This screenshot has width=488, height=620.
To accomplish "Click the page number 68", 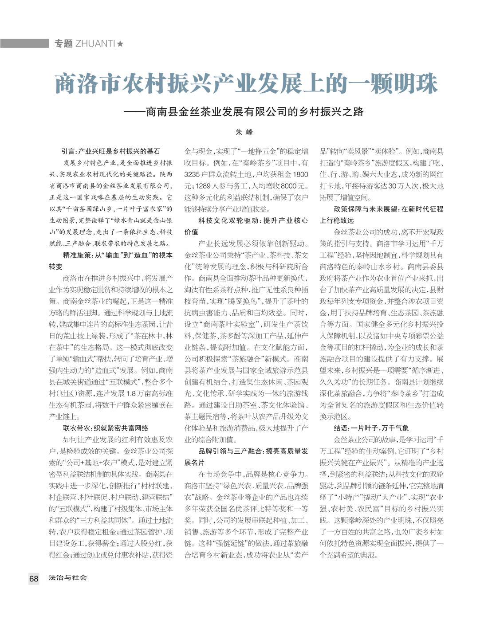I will [x=34, y=578].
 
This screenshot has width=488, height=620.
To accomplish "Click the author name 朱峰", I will [x=244, y=132].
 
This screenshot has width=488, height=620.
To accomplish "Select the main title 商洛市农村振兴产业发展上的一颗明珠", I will [x=246, y=83].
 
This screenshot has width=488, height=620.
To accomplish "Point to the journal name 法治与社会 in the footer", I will [x=68, y=578].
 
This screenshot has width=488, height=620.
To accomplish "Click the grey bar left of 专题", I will [x=24, y=43].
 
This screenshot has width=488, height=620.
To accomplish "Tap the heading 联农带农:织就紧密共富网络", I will [x=106, y=428].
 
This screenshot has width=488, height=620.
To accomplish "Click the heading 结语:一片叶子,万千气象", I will [x=371, y=428].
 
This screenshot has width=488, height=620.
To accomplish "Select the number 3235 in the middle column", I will [x=194, y=174].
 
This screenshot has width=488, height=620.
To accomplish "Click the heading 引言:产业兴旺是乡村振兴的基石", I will [x=110, y=151].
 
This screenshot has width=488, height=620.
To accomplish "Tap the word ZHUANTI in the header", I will [x=95, y=43].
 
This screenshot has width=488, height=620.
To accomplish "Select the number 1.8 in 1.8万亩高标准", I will [x=131, y=393].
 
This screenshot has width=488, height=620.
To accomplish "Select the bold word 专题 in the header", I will [x=63, y=43].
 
